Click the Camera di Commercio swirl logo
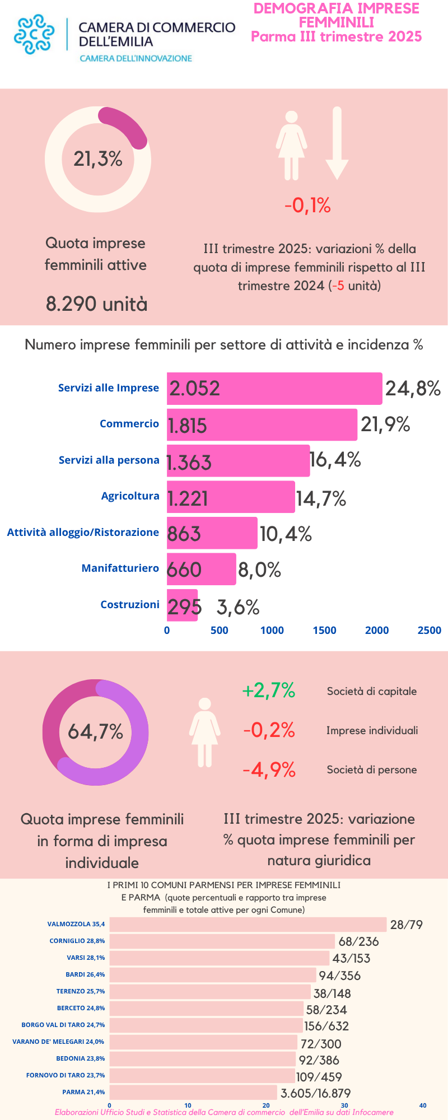34,34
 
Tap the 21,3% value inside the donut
98,159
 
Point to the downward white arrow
337,143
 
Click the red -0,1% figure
307,206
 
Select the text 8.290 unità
97,304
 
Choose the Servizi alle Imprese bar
274,388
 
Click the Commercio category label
129,424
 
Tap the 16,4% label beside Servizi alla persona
336,460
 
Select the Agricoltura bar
231,497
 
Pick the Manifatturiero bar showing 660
202,569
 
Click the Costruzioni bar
182,605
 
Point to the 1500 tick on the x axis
324,631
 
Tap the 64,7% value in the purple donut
96,732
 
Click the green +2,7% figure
268,690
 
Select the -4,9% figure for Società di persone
269,770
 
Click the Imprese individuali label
372,731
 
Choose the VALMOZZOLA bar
248,925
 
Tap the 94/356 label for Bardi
339,976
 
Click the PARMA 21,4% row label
83,1092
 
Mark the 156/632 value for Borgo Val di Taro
326,1026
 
